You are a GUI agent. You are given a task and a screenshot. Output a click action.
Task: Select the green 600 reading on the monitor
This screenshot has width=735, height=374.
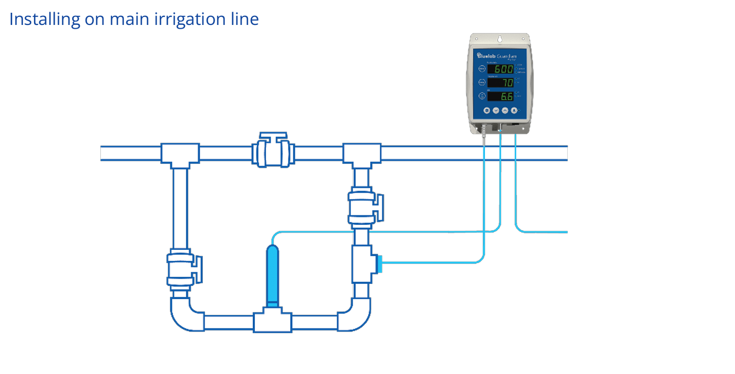point(500,69)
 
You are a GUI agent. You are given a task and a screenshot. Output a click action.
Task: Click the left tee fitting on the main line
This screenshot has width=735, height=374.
point(180,154)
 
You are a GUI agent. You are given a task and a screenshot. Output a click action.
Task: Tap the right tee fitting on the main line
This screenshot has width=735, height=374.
point(362,154)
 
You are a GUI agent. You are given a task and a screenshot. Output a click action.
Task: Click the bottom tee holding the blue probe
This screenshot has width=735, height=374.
point(272,321)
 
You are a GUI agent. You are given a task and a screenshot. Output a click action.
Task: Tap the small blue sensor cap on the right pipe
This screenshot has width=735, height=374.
point(379,264)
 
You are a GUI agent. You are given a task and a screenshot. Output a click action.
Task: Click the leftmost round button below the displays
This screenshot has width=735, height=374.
point(486,110)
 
